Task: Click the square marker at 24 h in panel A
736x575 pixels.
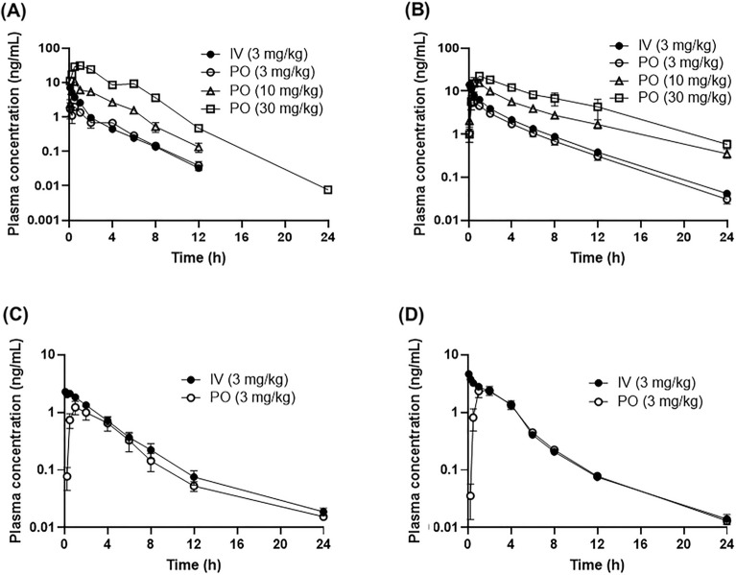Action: point(328,190)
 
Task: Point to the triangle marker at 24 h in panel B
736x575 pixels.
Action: point(726,154)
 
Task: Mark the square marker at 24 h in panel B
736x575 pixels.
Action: point(726,145)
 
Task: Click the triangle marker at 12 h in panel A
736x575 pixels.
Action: point(199,147)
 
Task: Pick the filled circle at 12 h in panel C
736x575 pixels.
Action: point(199,477)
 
